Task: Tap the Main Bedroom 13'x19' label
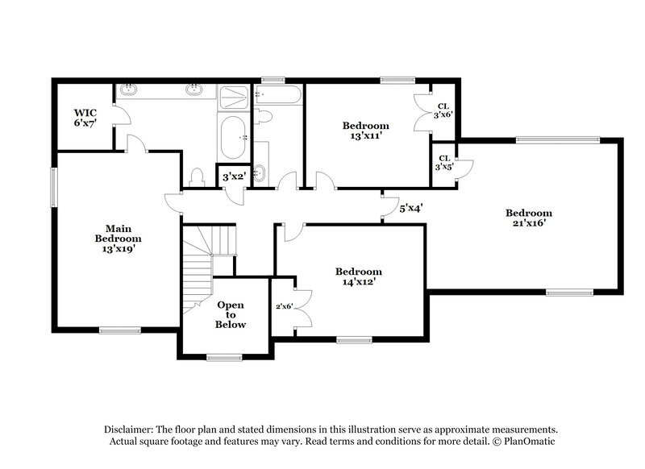tap(118, 239)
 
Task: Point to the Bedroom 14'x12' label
tap(359, 276)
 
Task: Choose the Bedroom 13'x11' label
tap(365, 131)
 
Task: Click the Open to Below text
tap(230, 314)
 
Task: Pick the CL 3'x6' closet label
tap(443, 110)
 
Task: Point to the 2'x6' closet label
tap(284, 306)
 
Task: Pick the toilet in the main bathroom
tap(195, 176)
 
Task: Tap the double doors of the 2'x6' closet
tap(302, 306)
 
